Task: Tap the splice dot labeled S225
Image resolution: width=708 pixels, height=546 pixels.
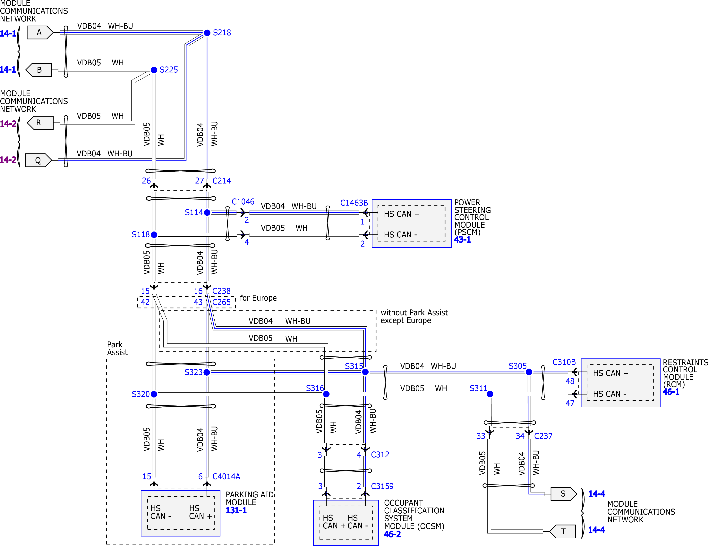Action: tap(154, 70)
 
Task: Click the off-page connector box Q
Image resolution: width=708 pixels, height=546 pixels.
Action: tap(38, 160)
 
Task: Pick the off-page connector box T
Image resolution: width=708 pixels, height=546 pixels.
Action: tap(563, 531)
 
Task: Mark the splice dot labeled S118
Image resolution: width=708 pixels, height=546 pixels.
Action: tap(154, 234)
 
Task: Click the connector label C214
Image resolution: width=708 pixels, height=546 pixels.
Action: tap(222, 181)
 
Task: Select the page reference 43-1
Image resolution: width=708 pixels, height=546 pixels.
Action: tap(462, 240)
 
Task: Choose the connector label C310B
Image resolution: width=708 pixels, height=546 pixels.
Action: tap(564, 362)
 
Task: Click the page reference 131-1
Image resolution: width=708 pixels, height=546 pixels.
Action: tap(236, 510)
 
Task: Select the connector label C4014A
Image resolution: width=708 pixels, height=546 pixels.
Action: tap(226, 476)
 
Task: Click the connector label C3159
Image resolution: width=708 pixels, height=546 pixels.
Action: tap(382, 486)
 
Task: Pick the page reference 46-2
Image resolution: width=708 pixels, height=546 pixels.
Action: tap(392, 534)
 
